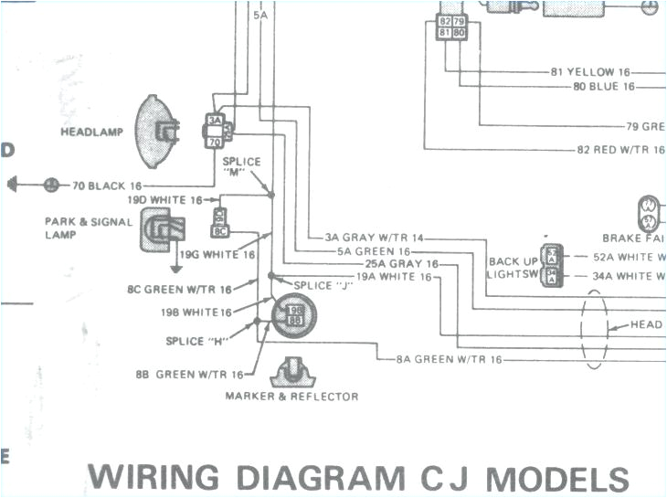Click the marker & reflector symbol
(292, 371)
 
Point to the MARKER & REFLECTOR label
(291, 397)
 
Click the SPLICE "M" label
(242, 167)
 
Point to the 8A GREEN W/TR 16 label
(449, 360)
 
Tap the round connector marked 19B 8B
(295, 315)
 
